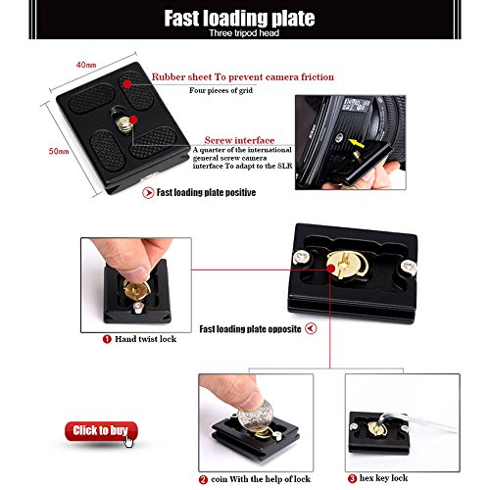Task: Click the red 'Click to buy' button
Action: pyautogui.click(x=101, y=431)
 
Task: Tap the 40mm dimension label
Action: pyautogui.click(x=86, y=65)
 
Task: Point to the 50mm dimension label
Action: pyautogui.click(x=59, y=151)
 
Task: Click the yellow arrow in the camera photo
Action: pyautogui.click(x=356, y=143)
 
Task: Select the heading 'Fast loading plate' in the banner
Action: pyautogui.click(x=239, y=19)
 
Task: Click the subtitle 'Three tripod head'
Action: pyautogui.click(x=244, y=33)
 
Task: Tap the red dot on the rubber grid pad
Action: pyautogui.click(x=127, y=84)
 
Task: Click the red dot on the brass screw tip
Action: pyautogui.click(x=133, y=120)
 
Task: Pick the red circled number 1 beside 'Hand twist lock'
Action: pyautogui.click(x=107, y=339)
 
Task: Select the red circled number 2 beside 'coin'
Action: pyautogui.click(x=203, y=479)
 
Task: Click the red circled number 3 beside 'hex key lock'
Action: pyautogui.click(x=352, y=478)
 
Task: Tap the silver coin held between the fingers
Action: pyautogui.click(x=256, y=414)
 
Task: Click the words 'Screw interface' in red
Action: pyautogui.click(x=239, y=140)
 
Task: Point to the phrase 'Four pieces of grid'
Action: pyautogui.click(x=220, y=90)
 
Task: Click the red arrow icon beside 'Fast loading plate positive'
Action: pyautogui.click(x=148, y=193)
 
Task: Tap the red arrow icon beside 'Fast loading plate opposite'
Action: pyautogui.click(x=311, y=328)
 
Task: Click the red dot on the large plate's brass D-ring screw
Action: pyautogui.click(x=331, y=269)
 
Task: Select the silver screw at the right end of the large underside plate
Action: pyautogui.click(x=409, y=268)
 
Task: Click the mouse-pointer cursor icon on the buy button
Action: pyautogui.click(x=129, y=441)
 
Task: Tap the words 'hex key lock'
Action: pyautogui.click(x=383, y=478)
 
